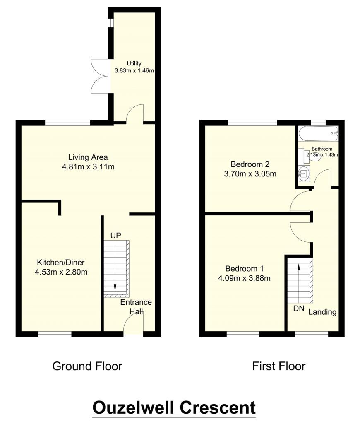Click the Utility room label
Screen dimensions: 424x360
(134, 63)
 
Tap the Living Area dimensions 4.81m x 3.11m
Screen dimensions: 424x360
(88, 167)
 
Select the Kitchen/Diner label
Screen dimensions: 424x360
(63, 263)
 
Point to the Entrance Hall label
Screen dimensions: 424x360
(136, 307)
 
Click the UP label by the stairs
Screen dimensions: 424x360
(115, 236)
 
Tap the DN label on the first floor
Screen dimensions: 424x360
(298, 308)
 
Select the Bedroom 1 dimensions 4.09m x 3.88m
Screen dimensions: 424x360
(244, 278)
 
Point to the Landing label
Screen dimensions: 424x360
(322, 312)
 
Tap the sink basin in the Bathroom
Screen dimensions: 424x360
(304, 172)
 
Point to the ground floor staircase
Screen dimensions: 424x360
(116, 268)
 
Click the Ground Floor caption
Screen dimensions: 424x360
(87, 366)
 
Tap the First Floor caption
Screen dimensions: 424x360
(278, 366)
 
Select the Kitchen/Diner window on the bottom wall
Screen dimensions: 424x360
(55, 333)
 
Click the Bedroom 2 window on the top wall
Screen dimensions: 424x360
(252, 123)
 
